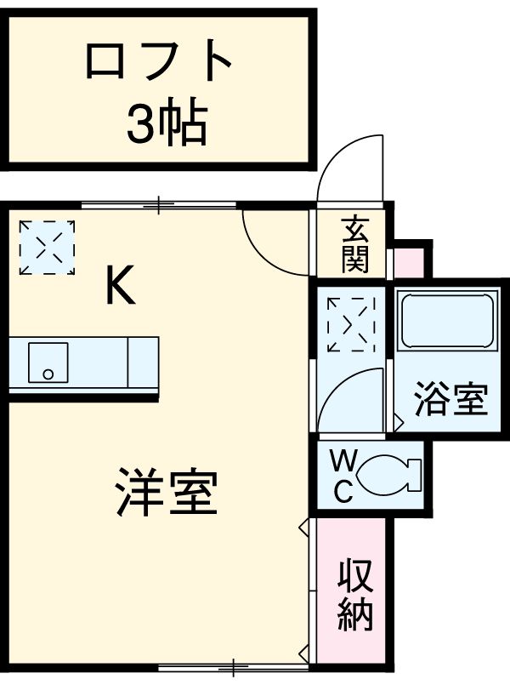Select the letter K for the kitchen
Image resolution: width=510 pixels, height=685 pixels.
tap(119, 286)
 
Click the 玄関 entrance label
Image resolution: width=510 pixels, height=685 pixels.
tap(355, 245)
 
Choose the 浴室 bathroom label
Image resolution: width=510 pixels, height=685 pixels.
tap(450, 400)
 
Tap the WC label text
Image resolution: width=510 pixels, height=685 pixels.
tap(343, 477)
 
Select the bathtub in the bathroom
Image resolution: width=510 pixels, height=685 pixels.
tap(447, 322)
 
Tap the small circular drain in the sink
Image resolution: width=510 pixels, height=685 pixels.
tap(48, 374)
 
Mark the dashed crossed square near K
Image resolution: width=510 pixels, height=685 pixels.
tap(47, 247)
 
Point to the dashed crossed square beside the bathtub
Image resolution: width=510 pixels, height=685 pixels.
tap(349, 324)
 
